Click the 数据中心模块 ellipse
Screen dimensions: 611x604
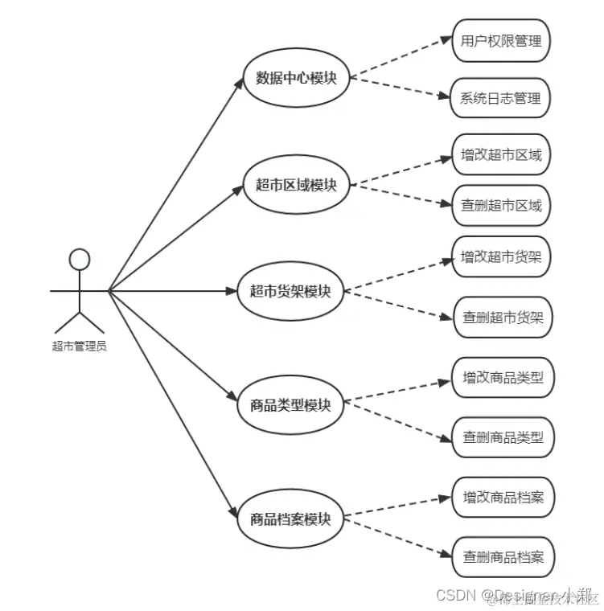pyautogui.click(x=296, y=78)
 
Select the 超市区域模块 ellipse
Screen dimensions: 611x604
pyautogui.click(x=296, y=185)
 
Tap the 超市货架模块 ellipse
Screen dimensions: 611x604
pyautogui.click(x=290, y=291)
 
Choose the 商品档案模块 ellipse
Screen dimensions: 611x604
pyautogui.click(x=290, y=519)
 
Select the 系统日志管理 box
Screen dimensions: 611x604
pyautogui.click(x=501, y=99)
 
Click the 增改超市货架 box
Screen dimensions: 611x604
pyautogui.click(x=501, y=257)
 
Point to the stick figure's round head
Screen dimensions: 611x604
pyautogui.click(x=79, y=259)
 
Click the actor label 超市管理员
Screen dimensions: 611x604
pyautogui.click(x=79, y=347)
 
